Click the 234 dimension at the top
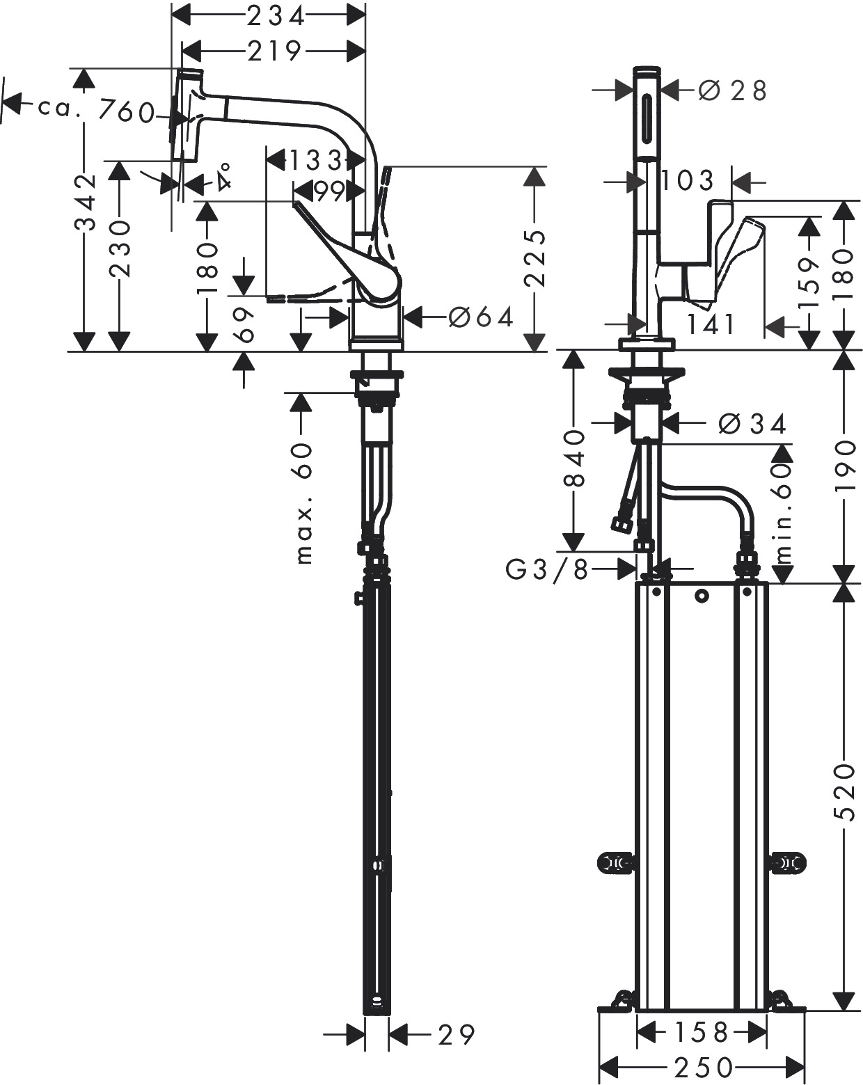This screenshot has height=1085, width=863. [x=276, y=17]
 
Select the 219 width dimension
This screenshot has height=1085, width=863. [x=274, y=50]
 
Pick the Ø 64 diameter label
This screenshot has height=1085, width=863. [x=480, y=317]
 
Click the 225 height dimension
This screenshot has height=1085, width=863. [x=535, y=259]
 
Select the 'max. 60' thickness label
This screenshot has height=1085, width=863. [x=304, y=503]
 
